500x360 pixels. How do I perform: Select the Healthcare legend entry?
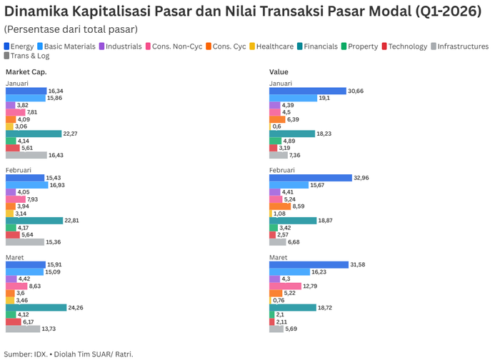pyautogui.click(x=274, y=46)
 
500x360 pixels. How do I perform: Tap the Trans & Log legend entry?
pyautogui.click(x=31, y=56)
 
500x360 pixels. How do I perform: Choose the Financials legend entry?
pyautogui.click(x=319, y=46)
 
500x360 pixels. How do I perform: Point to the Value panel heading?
pyautogui.click(x=279, y=72)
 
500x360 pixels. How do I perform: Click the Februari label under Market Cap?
pyautogui.click(x=19, y=170)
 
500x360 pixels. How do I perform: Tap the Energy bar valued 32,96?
pyautogui.click(x=310, y=178)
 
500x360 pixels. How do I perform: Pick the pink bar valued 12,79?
pyautogui.click(x=285, y=286)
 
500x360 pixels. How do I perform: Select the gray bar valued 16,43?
pyautogui.click(x=26, y=155)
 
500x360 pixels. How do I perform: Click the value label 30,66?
pyautogui.click(x=356, y=91)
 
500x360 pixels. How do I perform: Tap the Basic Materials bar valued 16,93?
pyautogui.click(x=26, y=185)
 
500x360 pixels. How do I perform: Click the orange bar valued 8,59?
pyautogui.click(x=280, y=206)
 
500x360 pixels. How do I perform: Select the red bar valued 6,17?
pyautogui.click(x=13, y=321)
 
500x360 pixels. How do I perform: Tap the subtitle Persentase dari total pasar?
pyautogui.click(x=71, y=29)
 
